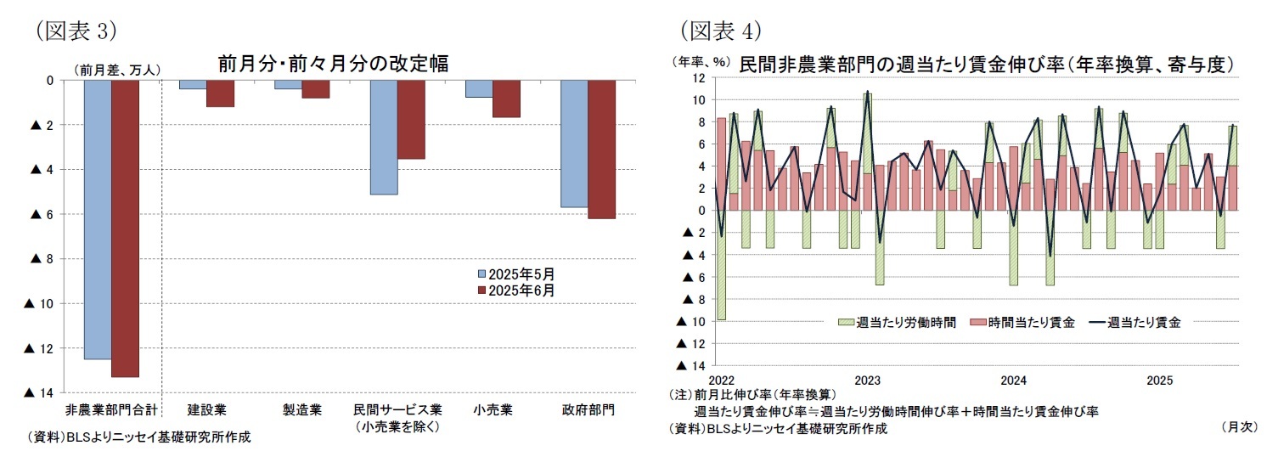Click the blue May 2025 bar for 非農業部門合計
[x=98, y=219]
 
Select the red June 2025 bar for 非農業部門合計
[x=125, y=228]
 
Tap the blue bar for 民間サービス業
[x=384, y=137]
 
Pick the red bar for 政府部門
[x=601, y=149]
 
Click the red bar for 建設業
[x=220, y=93]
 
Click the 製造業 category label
[x=301, y=410]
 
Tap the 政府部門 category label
[x=588, y=410]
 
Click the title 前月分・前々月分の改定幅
[x=333, y=64]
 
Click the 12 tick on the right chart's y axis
[x=698, y=78]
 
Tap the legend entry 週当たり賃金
[x=1137, y=322]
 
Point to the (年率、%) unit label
[x=701, y=61]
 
